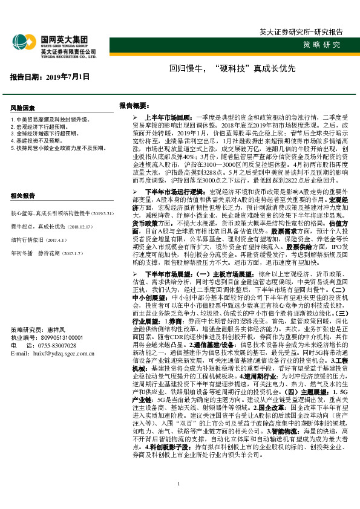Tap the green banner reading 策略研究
tap(321, 45)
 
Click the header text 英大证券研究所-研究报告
tap(300, 31)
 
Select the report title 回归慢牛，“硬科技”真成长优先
tap(223, 70)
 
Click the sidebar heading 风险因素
tap(24, 107)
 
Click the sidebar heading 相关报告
tap(24, 196)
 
